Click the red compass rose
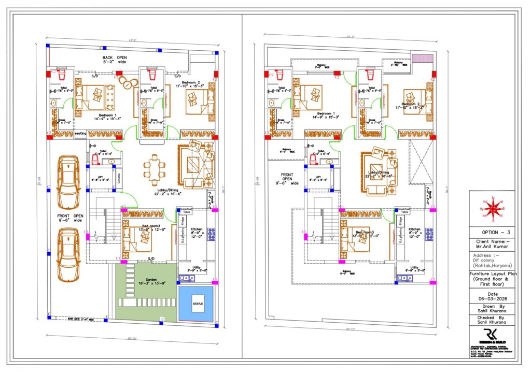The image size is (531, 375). point(494,208)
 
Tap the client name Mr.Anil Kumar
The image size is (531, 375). point(493,247)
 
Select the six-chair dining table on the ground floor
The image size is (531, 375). point(154,171)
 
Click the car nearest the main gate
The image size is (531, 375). point(68,254)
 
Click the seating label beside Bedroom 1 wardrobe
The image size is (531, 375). point(80,134)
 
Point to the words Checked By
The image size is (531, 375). point(493,318)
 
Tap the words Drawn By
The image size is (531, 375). point(493,307)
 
